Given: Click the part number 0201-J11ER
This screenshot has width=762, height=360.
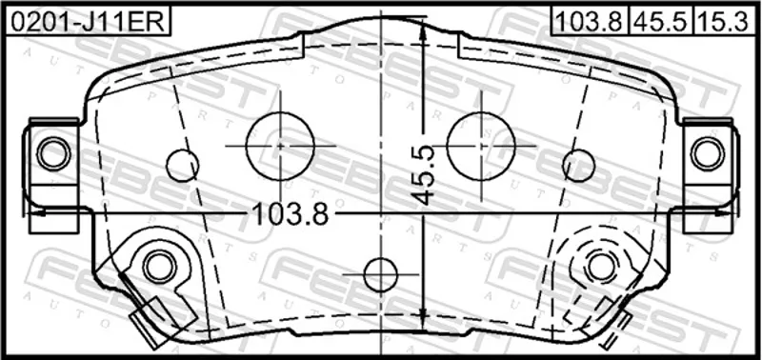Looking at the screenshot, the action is [88, 22].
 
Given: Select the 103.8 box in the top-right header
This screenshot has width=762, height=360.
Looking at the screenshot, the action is [589, 20].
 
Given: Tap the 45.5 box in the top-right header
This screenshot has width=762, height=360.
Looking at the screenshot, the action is [660, 20].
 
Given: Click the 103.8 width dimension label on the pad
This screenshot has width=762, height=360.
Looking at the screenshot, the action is [291, 214].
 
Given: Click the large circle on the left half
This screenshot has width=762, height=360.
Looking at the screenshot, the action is [280, 146].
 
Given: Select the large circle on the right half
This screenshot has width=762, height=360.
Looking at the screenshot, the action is [481, 146].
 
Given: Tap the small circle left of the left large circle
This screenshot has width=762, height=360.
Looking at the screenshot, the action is [182, 165].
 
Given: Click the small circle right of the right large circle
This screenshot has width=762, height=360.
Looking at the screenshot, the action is [579, 165].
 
